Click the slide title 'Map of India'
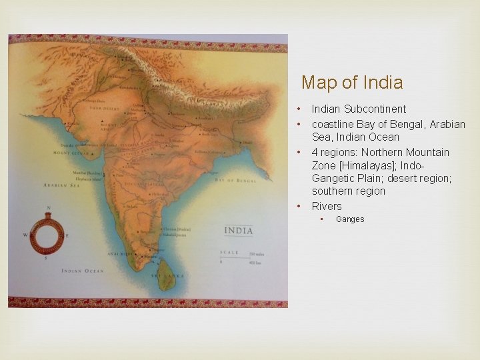tap(352, 83)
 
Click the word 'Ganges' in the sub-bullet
tap(350, 219)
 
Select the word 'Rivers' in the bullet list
tap(327, 206)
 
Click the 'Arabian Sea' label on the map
tap(61, 185)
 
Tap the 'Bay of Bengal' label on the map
tap(235, 180)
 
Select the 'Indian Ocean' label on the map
tap(83, 270)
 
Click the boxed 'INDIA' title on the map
tap(239, 231)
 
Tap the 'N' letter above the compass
tap(48, 208)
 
